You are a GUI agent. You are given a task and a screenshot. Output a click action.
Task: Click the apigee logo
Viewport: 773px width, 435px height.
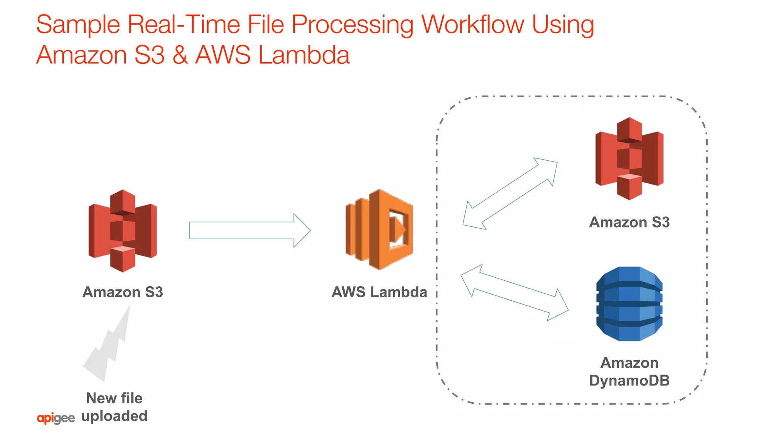[56, 418]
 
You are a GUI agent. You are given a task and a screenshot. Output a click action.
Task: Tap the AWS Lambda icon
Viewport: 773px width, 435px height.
[379, 229]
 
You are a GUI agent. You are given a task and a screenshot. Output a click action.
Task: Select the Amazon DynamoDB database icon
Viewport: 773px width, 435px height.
[629, 304]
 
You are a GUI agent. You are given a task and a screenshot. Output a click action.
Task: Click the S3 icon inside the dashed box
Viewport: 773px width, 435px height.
[629, 158]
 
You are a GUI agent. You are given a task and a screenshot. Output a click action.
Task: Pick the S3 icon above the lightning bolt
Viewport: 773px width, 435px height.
[122, 231]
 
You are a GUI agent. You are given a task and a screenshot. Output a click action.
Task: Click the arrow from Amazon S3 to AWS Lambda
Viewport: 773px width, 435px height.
[249, 231]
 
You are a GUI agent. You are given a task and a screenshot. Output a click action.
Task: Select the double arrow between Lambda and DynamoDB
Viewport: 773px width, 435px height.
[514, 292]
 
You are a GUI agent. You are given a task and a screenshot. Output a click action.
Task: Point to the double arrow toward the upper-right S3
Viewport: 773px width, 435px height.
[510, 194]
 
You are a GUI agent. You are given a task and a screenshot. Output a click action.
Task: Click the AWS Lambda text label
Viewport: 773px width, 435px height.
[379, 292]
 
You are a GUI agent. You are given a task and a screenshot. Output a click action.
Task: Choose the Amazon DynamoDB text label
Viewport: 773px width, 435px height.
[629, 372]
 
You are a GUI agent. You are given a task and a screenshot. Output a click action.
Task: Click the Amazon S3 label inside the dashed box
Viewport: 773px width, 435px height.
[629, 222]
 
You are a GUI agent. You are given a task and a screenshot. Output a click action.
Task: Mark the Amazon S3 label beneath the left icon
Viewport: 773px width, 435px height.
[123, 292]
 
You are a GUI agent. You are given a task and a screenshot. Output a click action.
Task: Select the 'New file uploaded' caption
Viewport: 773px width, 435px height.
[114, 407]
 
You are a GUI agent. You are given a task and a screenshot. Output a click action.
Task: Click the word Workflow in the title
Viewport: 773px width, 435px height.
[473, 25]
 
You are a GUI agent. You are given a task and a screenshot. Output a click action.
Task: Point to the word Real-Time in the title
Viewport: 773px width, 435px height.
[184, 25]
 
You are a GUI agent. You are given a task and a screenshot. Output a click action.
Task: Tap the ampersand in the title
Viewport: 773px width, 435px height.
[180, 55]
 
